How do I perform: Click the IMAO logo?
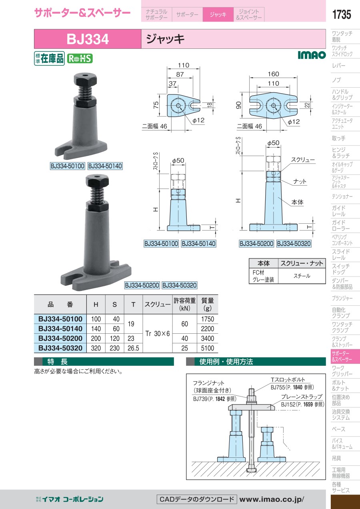[312, 55]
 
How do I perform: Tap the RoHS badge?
[80, 58]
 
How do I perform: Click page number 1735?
[341, 14]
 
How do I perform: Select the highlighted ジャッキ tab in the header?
[218, 14]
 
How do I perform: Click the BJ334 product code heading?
[88, 39]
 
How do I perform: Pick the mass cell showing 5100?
[207, 348]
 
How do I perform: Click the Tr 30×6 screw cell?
[158, 333]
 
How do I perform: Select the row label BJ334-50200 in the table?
[60, 338]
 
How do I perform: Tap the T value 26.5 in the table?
[133, 348]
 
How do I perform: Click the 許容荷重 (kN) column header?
[184, 304]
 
